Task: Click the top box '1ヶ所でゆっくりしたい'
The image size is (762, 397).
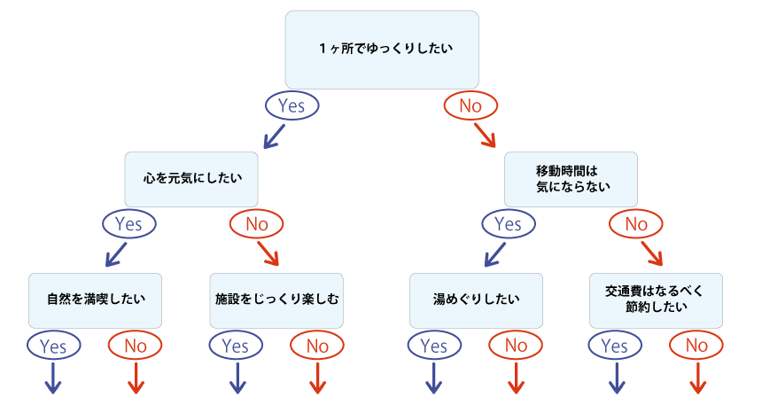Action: [x=382, y=49]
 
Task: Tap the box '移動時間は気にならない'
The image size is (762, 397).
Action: [x=571, y=178]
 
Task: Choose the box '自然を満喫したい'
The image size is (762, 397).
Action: [x=97, y=300]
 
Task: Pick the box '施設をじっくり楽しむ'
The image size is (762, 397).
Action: [x=277, y=300]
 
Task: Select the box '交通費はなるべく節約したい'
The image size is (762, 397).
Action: [x=657, y=300]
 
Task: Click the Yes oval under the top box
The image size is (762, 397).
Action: [x=292, y=106]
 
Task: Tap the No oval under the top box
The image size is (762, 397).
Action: [x=470, y=106]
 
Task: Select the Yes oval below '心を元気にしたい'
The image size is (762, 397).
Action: [x=128, y=224]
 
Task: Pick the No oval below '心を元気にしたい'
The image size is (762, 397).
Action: [x=256, y=224]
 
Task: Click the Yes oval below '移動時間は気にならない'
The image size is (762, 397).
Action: [x=508, y=224]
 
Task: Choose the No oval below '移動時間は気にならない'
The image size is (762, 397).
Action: [x=636, y=224]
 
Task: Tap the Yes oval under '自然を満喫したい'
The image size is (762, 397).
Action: [x=54, y=346]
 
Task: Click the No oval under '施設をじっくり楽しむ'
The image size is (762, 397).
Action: [x=317, y=346]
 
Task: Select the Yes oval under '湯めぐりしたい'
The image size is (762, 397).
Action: [x=433, y=346]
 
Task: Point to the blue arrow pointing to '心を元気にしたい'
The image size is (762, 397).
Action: [x=273, y=136]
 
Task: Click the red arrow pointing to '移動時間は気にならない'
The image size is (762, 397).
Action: [x=485, y=135]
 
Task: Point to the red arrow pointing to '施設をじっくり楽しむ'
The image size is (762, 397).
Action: [x=268, y=254]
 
